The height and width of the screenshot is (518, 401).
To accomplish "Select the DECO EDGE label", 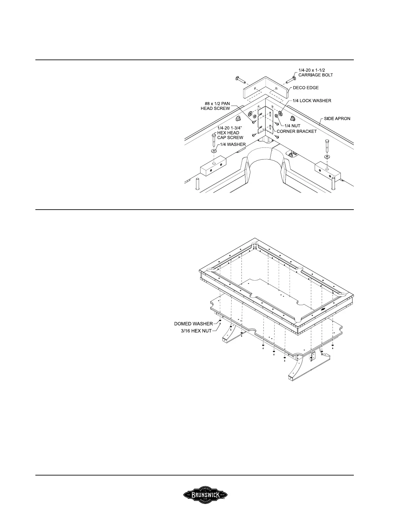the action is coord(306,88).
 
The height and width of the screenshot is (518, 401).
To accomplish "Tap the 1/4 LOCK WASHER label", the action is coord(313,101).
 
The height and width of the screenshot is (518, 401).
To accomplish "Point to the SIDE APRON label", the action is coord(337,118).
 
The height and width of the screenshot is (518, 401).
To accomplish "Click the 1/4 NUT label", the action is coord(293,126).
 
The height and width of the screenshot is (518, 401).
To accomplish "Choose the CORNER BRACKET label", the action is coord(297,131).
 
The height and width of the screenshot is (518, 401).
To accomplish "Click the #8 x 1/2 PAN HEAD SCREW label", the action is coord(215,106).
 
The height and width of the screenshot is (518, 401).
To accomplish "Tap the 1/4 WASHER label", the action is coord(233,144).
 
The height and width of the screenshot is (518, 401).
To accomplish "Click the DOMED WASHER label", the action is coord(193,324).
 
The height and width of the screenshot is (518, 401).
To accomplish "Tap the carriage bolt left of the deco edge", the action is coord(240,79).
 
